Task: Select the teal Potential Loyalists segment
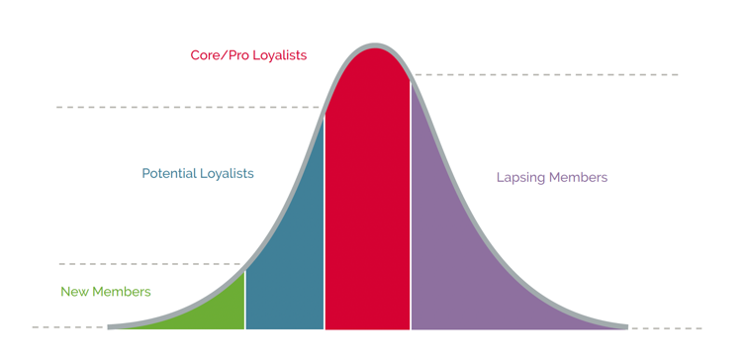coord(290,257)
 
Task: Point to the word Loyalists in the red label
coord(279,55)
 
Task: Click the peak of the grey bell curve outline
coord(374,45)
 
